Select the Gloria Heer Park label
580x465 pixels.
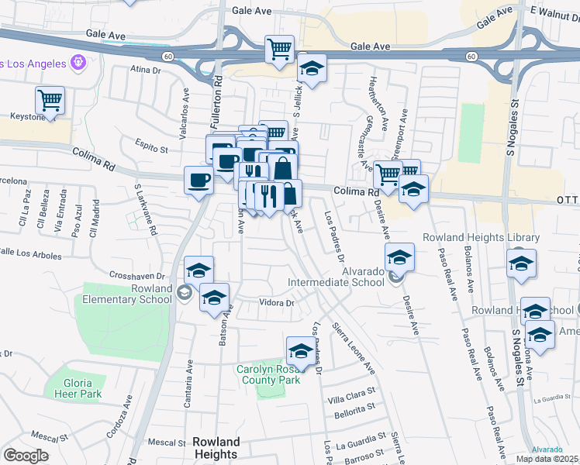pyautogui.click(x=78, y=388)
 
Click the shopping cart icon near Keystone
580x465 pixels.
pyautogui.click(x=50, y=99)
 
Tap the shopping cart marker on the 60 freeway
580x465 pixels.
pyautogui.click(x=279, y=49)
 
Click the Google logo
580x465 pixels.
pyautogui.click(x=26, y=456)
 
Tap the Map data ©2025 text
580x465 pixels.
pyautogui.click(x=546, y=459)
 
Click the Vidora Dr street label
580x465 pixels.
pyautogui.click(x=277, y=303)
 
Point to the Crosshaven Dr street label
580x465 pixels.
pyautogui.click(x=138, y=275)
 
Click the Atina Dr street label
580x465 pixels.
pyautogui.click(x=144, y=70)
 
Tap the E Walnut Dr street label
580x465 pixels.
pyautogui.click(x=554, y=13)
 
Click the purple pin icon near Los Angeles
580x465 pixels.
pyautogui.click(x=77, y=62)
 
